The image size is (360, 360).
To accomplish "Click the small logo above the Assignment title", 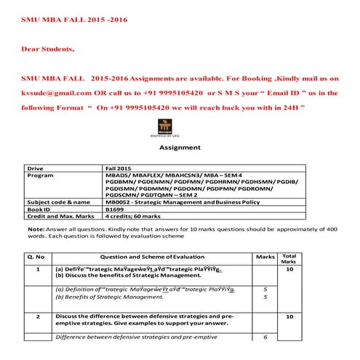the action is pyautogui.click(x=180, y=128).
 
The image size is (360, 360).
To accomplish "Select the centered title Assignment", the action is pyautogui.click(x=180, y=147).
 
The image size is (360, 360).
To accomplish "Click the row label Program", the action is pyautogui.click(x=40, y=175).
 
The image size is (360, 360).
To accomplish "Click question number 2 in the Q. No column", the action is pyautogui.click(x=37, y=317).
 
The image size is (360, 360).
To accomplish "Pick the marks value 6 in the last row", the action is pyautogui.click(x=265, y=337).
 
